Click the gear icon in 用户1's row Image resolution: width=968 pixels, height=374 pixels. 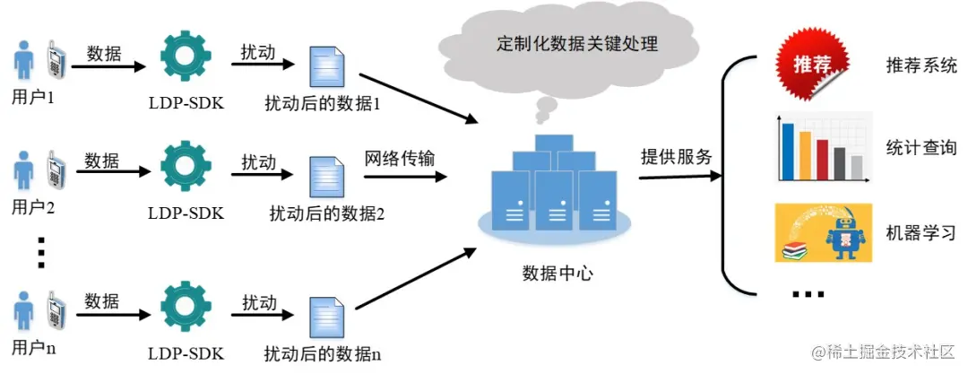[x=186, y=58]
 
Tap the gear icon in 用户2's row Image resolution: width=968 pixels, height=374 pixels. [x=186, y=168]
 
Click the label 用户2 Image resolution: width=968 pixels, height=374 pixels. [x=33, y=208]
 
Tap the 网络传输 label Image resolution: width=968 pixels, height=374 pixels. [x=400, y=159]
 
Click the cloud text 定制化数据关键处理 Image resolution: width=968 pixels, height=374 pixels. [x=577, y=43]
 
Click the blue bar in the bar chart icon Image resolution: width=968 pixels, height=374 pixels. [x=788, y=151]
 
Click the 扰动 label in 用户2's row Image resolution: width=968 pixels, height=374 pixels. [x=258, y=162]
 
